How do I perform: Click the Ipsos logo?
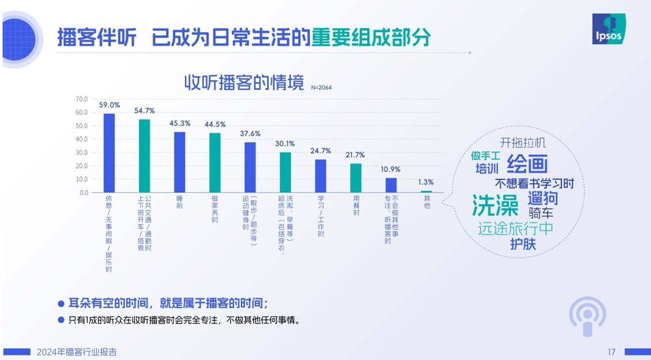click(x=611, y=29)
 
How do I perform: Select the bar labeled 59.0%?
click(x=109, y=153)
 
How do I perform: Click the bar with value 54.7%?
click(x=145, y=156)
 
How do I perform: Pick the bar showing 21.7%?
click(x=355, y=178)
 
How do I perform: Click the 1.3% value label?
click(x=426, y=182)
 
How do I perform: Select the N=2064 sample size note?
click(x=322, y=87)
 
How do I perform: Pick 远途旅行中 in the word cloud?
click(x=515, y=228)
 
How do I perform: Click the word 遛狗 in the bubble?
click(x=542, y=197)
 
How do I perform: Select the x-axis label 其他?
click(x=427, y=202)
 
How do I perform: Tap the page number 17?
click(x=611, y=352)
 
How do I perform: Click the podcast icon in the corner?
click(x=588, y=317)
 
